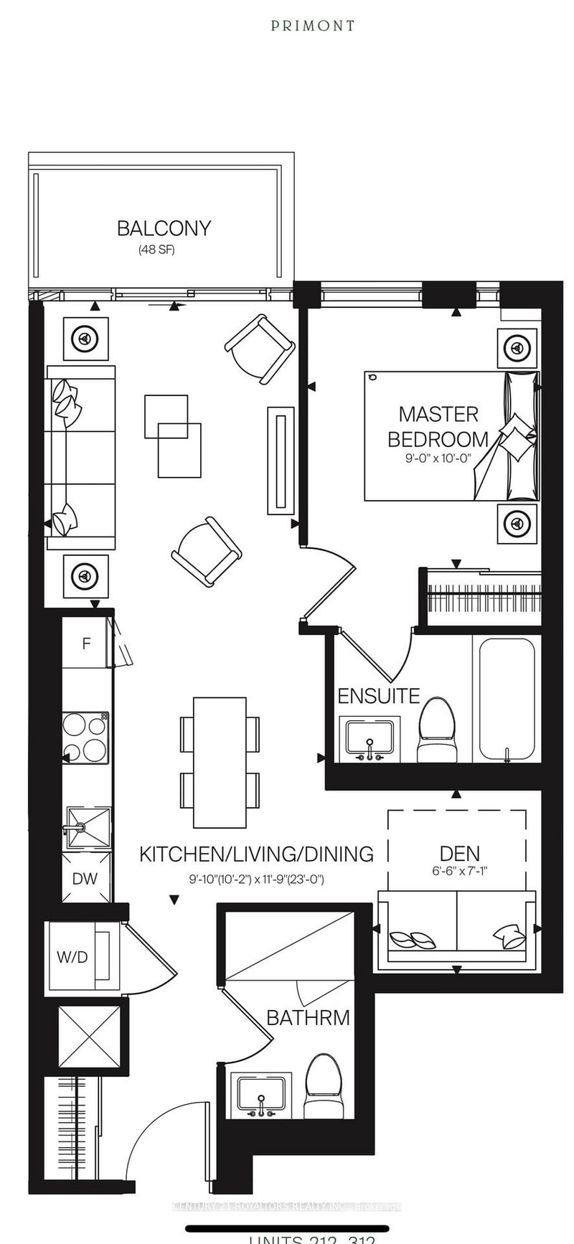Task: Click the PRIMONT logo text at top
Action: click(313, 26)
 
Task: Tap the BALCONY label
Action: click(164, 228)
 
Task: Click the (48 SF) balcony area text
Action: click(156, 250)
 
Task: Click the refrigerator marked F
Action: click(86, 644)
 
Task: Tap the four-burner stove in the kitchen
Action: click(85, 738)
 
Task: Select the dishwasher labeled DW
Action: click(85, 879)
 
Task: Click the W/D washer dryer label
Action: click(72, 957)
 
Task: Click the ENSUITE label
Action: click(378, 696)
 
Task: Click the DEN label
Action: click(460, 854)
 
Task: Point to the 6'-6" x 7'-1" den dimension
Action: click(460, 872)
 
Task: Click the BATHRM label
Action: click(308, 1017)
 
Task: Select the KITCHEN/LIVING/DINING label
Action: click(256, 854)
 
